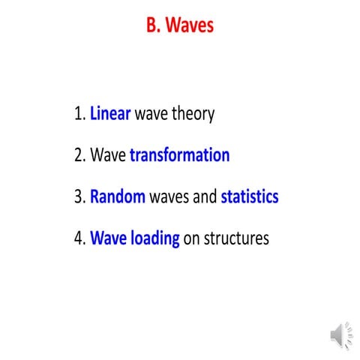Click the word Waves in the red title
click(x=190, y=25)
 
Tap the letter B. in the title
click(x=154, y=25)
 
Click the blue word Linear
click(x=110, y=114)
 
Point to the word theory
click(x=192, y=114)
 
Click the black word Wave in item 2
click(x=108, y=156)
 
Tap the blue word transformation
click(x=179, y=156)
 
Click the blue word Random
click(x=118, y=197)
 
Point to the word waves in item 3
click(x=169, y=197)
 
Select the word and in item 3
click(x=205, y=197)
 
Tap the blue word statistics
click(x=250, y=197)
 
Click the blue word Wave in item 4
click(x=108, y=239)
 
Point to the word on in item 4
click(x=192, y=239)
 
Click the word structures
click(x=236, y=239)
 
